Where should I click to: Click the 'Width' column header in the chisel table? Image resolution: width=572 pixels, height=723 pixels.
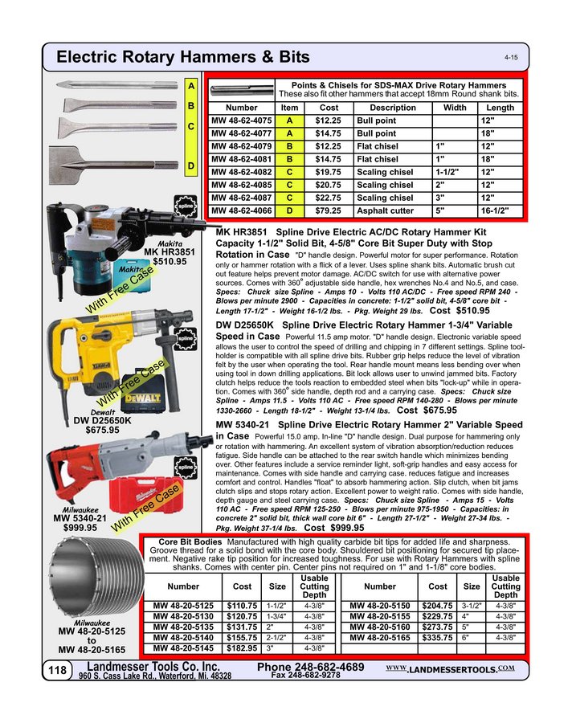click(x=455, y=107)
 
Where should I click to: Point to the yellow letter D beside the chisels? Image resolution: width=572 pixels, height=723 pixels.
click(x=191, y=165)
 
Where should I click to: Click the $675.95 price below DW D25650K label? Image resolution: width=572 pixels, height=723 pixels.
click(x=102, y=430)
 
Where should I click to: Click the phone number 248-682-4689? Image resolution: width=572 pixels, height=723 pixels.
click(x=311, y=668)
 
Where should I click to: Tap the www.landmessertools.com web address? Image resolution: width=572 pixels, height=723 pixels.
click(x=449, y=669)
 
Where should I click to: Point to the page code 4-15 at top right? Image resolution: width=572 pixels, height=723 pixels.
click(x=511, y=59)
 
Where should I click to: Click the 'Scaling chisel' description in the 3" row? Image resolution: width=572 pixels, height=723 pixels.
click(x=385, y=198)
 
